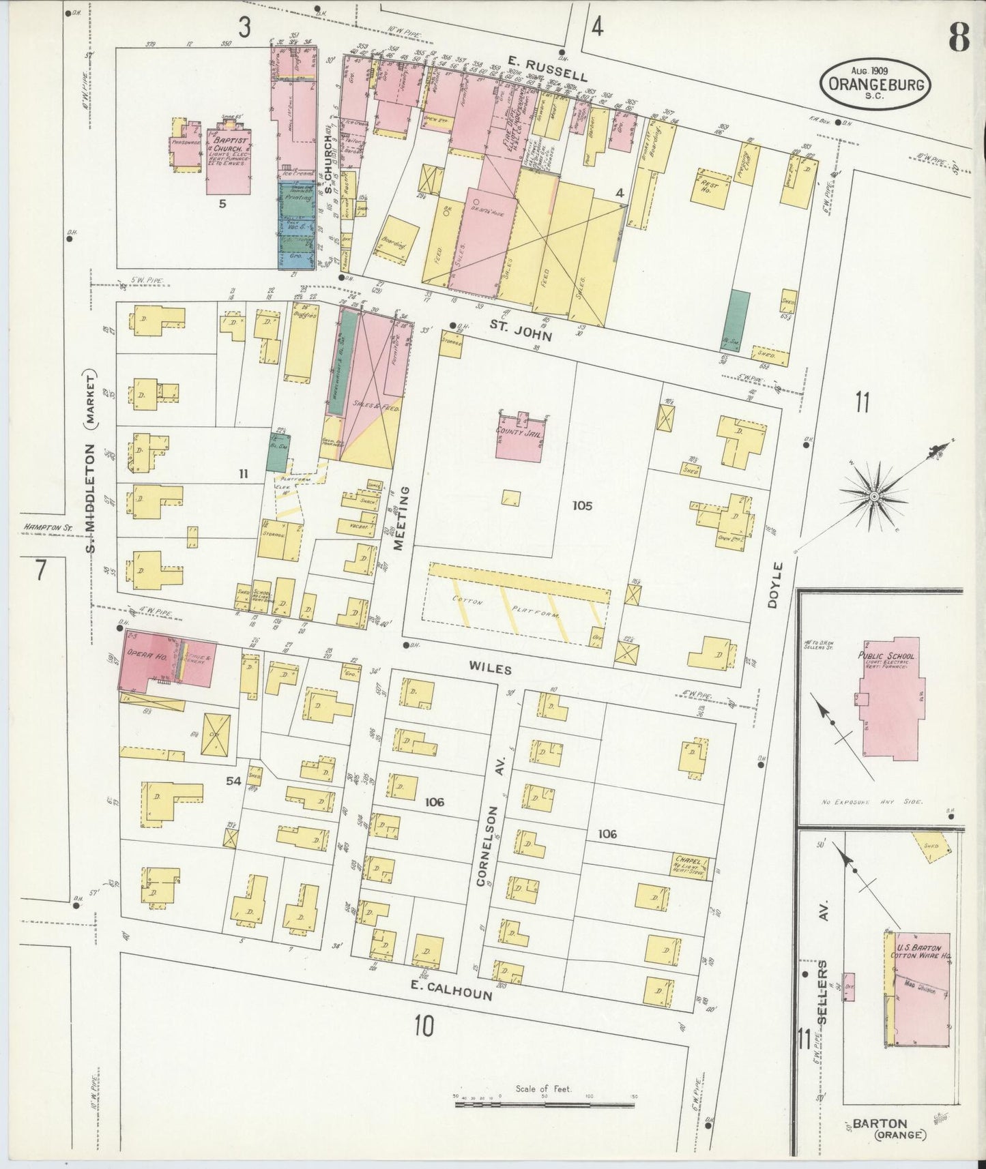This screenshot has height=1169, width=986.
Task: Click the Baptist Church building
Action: pos(227,161)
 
